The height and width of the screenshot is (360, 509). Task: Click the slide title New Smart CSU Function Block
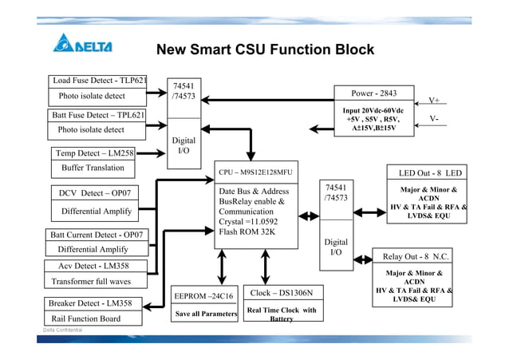coord(265,50)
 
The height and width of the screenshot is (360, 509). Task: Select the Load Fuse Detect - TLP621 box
coord(100,81)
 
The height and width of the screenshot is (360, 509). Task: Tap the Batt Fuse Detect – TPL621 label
coord(99,115)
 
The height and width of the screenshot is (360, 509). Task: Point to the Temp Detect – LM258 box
coord(94,152)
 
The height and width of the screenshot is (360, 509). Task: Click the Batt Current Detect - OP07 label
coord(97,235)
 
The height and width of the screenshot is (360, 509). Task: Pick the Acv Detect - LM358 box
coord(93,266)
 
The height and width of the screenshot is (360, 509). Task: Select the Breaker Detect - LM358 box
coord(90,303)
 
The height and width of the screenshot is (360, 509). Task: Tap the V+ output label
coord(435,101)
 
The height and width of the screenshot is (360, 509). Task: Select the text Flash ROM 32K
coord(247,232)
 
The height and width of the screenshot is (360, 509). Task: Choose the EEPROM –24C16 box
coord(203,296)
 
